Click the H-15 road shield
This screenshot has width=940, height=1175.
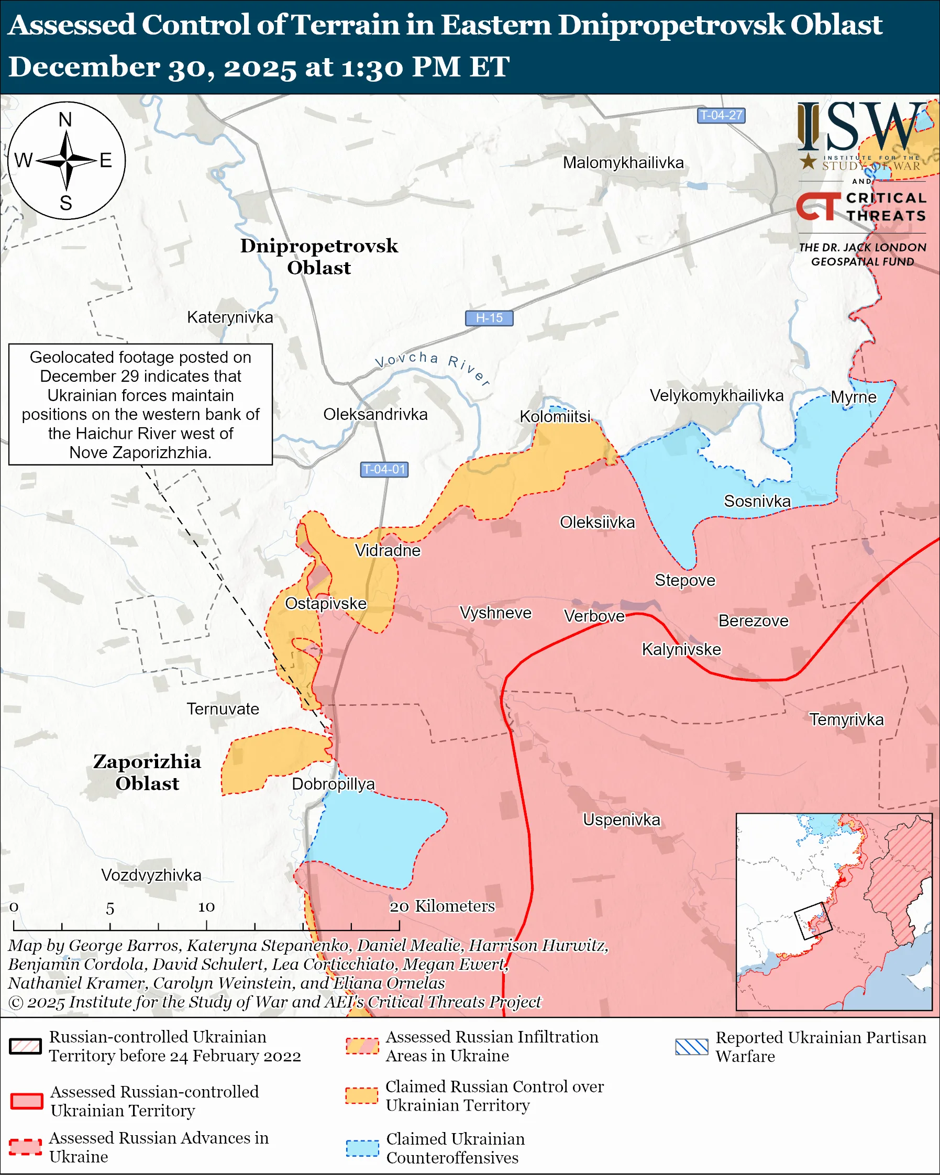[x=489, y=318]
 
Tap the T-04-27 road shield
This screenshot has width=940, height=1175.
[x=721, y=116]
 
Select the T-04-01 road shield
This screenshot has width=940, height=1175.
[x=384, y=469]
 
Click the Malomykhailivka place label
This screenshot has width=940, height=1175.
[x=623, y=162]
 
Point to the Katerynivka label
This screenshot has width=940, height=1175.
[x=230, y=317]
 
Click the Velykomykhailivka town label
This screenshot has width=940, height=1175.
[x=716, y=395]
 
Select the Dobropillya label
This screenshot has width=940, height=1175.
[x=334, y=784]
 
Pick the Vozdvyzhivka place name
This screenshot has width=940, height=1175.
[x=151, y=875]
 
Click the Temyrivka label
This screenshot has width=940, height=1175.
[x=846, y=719]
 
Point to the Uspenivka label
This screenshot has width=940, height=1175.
[x=621, y=819]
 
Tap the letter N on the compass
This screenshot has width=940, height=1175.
[x=65, y=119]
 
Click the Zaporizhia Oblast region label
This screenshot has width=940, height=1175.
[x=147, y=772]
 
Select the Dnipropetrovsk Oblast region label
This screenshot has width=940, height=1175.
[x=319, y=257]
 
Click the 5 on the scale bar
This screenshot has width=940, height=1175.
[x=110, y=908]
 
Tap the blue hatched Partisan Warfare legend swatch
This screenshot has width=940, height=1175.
[x=691, y=1047]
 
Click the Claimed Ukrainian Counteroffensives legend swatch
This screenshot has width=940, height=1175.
[x=362, y=1148]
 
